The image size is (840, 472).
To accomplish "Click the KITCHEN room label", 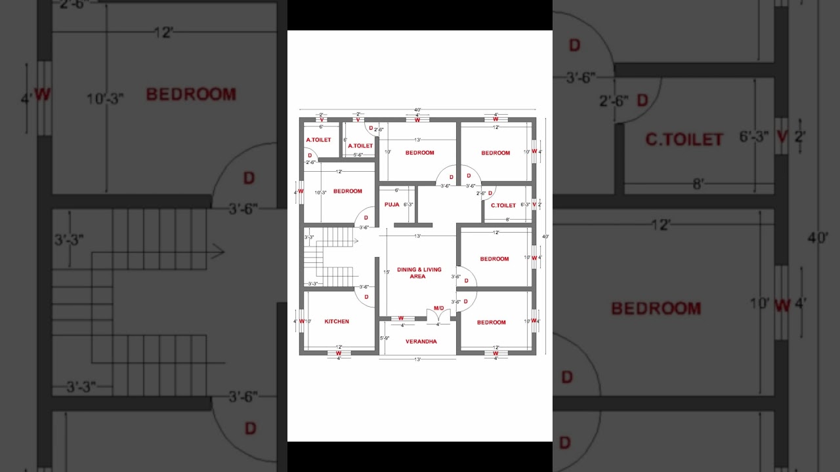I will (x=337, y=322).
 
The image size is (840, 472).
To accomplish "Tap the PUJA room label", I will (x=392, y=205).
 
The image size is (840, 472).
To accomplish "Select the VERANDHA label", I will (x=421, y=342).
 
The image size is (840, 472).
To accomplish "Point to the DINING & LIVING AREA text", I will (x=419, y=273).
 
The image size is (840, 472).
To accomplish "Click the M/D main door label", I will (x=439, y=308).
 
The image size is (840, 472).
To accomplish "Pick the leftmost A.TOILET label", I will (x=318, y=140).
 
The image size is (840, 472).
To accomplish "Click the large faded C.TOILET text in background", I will (x=684, y=140).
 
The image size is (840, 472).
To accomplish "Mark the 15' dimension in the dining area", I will (x=387, y=272).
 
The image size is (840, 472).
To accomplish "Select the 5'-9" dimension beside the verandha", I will (x=385, y=338).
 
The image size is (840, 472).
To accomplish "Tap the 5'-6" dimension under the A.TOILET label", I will (x=358, y=155).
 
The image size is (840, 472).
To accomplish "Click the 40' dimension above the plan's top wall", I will (x=417, y=110).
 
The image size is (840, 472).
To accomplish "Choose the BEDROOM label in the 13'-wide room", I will (x=419, y=153).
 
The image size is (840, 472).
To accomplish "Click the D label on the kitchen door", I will (x=366, y=297).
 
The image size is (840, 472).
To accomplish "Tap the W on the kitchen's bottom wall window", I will (x=339, y=353).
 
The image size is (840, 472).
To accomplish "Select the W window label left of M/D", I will (x=402, y=319).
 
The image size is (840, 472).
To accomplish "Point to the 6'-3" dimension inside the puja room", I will (x=408, y=205).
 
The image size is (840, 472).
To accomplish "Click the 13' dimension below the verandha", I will (x=417, y=359).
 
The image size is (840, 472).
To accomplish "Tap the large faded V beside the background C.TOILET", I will (x=781, y=137).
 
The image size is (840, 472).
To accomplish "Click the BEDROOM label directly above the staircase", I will (x=347, y=191).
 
